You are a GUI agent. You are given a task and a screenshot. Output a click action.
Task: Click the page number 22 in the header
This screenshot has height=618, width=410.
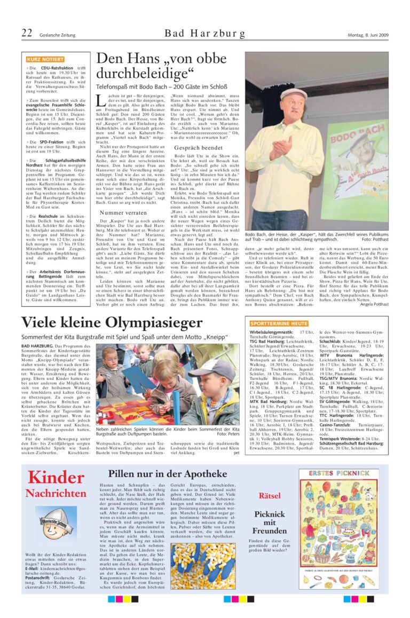coord(27,34)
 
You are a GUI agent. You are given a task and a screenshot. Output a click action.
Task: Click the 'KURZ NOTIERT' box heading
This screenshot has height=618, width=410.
coord(42,59)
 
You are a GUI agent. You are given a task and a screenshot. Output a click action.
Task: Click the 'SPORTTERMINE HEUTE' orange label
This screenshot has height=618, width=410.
coord(278,323)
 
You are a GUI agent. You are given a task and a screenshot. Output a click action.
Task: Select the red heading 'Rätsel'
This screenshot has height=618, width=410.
coord(269,496)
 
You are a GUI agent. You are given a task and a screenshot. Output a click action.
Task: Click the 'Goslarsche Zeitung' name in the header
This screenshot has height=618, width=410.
coord(57,35)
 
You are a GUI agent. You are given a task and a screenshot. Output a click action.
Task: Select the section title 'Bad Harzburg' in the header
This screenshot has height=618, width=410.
coord(205,34)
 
